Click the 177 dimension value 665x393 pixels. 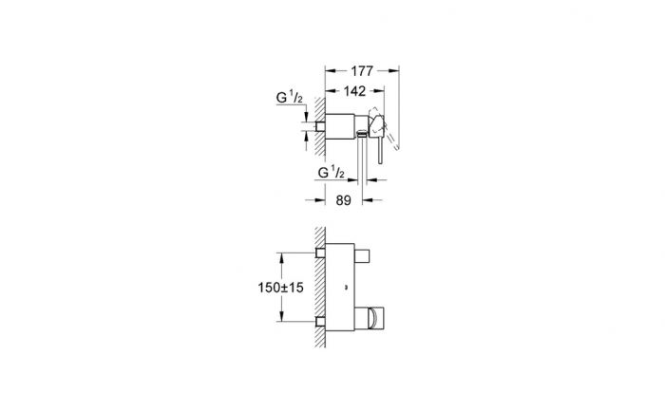point(362,71)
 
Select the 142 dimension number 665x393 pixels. point(354,91)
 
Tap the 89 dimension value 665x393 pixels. point(344,200)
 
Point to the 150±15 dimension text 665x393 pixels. point(281,288)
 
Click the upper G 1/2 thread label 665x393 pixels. point(289,97)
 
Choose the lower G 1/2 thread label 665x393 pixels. point(332,172)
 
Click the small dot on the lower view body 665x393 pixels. point(346,288)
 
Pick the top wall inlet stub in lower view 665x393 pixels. point(321,253)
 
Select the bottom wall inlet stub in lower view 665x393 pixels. point(321,322)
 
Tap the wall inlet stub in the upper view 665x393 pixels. point(321,126)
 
